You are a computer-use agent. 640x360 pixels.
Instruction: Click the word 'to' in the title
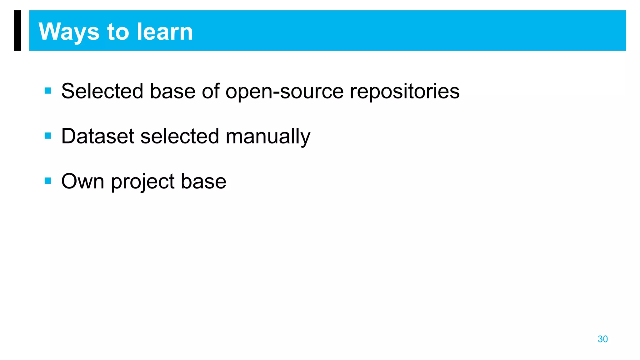[118, 32]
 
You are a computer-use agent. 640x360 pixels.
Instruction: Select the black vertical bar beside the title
[17, 30]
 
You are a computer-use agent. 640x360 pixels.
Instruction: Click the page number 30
[602, 339]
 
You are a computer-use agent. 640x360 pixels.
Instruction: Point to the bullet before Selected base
[48, 91]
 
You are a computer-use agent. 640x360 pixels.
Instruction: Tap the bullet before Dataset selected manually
[48, 136]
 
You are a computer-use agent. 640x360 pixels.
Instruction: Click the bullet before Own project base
[48, 181]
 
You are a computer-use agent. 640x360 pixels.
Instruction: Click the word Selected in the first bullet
[102, 91]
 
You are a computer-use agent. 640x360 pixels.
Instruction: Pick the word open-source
[284, 91]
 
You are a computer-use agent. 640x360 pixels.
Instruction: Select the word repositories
[404, 91]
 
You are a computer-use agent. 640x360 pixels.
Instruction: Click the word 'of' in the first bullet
[211, 91]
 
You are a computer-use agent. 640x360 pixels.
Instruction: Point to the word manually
[268, 136]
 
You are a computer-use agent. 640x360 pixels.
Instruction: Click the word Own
[82, 181]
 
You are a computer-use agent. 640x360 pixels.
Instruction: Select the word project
[143, 181]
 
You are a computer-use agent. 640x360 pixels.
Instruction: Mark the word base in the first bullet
[173, 91]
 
